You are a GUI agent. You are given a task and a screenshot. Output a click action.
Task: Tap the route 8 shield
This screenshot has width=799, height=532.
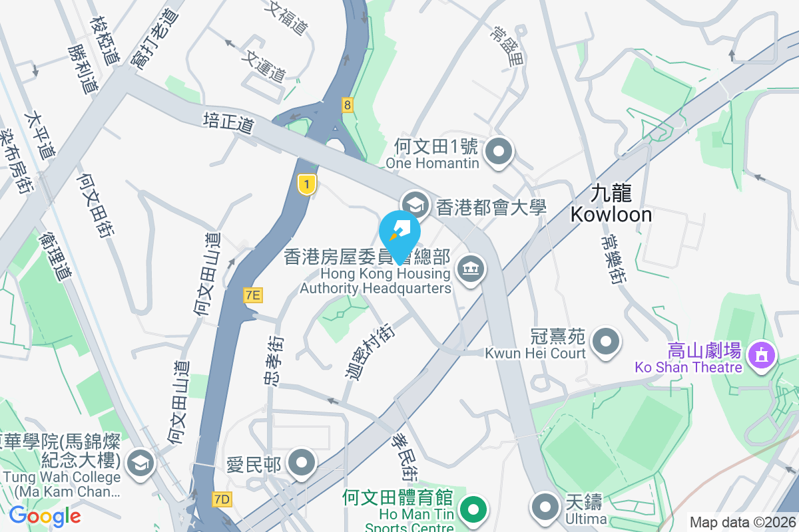[x=347, y=104]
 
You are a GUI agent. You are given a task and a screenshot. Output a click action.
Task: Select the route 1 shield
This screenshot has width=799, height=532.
[x=306, y=185]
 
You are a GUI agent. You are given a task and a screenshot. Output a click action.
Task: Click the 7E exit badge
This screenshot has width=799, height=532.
[x=252, y=295]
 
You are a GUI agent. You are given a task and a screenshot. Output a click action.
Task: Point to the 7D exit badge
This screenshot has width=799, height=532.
[x=222, y=499]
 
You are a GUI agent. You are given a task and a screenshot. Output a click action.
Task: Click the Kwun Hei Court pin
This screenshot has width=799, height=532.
[x=606, y=341]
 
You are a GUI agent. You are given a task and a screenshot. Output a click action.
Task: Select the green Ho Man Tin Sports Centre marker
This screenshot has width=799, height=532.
[x=473, y=510]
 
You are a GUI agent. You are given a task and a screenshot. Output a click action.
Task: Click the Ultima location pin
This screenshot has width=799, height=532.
[x=546, y=506]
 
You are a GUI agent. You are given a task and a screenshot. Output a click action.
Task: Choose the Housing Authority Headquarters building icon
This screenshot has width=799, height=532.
[x=471, y=269]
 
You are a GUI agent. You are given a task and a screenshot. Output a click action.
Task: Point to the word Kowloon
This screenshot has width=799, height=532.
[x=611, y=214]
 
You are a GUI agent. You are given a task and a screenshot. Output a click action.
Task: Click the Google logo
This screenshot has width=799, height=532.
[x=45, y=516]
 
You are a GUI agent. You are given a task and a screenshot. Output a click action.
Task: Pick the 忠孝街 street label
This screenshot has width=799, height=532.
[x=273, y=360]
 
